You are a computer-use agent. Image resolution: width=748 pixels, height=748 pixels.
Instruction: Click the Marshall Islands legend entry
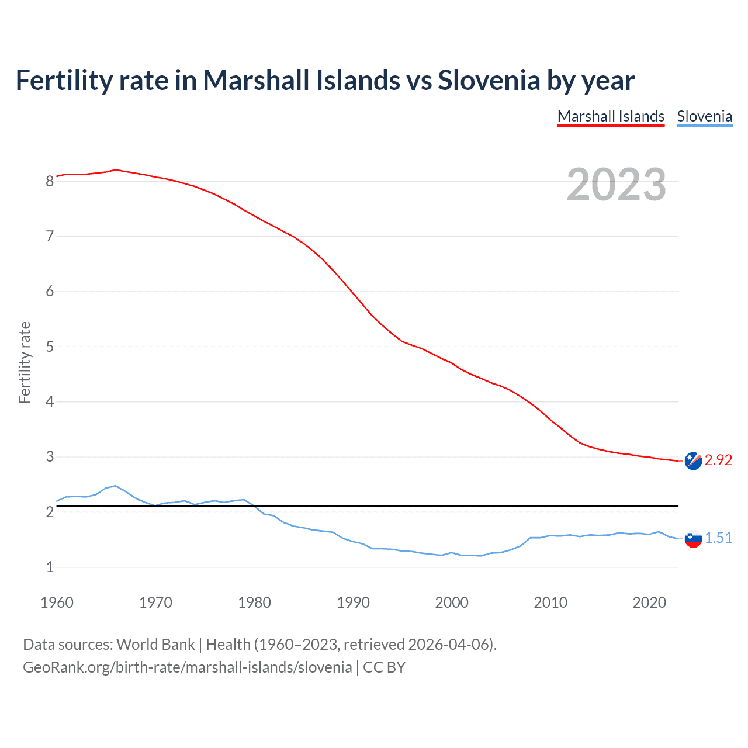611,116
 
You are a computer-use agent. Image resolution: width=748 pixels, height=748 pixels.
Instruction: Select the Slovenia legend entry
704,116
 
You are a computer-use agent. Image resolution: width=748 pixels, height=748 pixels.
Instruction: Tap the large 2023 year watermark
616,185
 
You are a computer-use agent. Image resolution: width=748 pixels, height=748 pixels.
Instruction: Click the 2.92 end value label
718,460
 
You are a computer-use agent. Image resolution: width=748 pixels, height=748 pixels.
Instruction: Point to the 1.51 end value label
718,538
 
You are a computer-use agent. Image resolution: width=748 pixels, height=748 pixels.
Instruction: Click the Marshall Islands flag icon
693,461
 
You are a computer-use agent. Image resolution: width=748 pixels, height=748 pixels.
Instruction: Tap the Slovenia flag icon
693,539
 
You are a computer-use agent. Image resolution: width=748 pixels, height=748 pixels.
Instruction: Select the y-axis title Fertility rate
25,362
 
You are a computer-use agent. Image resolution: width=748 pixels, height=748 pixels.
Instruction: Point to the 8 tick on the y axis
50,182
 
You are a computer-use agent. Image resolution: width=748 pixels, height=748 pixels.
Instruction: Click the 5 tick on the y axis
50,347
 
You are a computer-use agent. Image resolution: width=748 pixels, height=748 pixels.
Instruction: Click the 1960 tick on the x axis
57,602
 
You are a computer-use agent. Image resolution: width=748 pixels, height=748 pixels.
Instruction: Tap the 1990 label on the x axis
353,602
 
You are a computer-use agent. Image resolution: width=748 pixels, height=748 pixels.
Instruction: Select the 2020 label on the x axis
649,602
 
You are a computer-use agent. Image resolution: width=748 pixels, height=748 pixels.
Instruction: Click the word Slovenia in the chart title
489,80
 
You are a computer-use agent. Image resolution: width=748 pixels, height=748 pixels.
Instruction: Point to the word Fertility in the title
64,80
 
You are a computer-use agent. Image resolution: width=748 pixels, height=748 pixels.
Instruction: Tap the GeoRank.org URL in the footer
187,667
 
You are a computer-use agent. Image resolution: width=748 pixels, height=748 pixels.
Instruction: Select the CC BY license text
384,667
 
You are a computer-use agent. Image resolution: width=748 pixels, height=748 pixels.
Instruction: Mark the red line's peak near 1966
116,170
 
